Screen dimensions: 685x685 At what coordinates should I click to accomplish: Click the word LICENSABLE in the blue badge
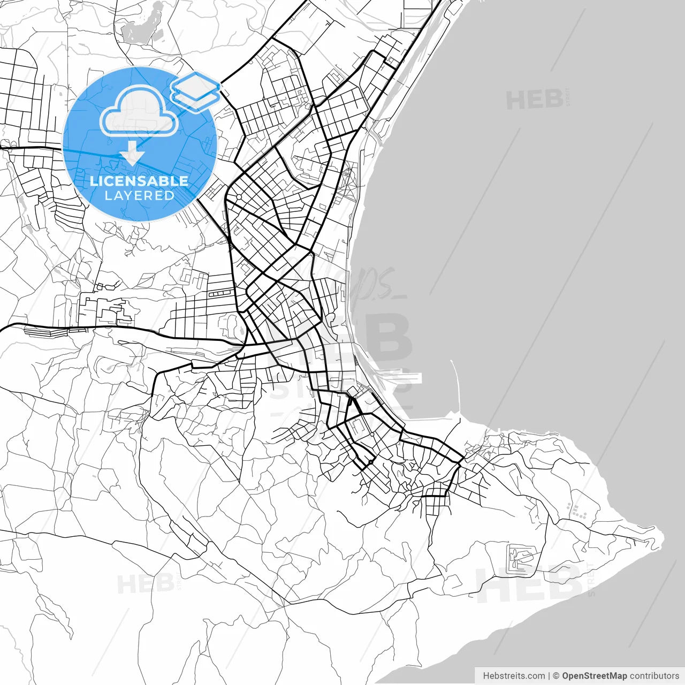tap(139, 181)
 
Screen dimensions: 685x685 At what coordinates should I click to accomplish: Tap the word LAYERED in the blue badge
tap(139, 195)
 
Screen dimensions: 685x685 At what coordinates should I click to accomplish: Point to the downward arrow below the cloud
tap(132, 156)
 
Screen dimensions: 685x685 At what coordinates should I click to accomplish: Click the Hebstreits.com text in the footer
tap(514, 676)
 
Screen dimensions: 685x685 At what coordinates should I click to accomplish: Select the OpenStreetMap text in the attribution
tap(594, 676)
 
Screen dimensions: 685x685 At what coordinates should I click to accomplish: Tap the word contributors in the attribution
tap(654, 676)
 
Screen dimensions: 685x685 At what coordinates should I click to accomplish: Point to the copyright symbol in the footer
tap(556, 676)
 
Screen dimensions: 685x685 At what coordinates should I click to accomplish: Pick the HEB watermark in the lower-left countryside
tap(145, 584)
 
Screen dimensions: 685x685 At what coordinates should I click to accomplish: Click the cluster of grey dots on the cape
tap(578, 512)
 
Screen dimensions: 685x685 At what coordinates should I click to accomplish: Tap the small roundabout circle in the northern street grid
tap(239, 197)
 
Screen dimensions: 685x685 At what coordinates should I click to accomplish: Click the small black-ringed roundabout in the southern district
tap(370, 462)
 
